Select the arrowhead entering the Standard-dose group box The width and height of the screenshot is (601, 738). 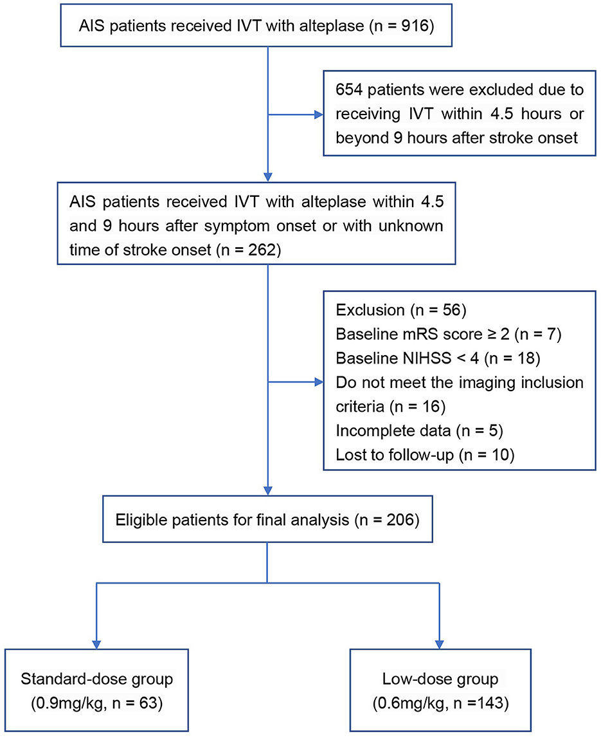[x=96, y=643]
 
